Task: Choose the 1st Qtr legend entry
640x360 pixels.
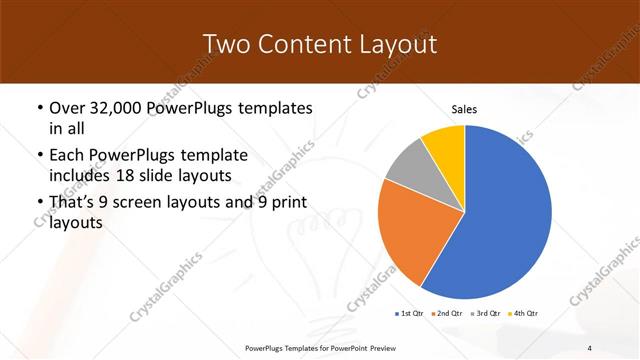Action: pyautogui.click(x=409, y=314)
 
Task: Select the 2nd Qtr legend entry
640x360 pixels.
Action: pyautogui.click(x=446, y=314)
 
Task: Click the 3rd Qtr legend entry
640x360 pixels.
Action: pyautogui.click(x=484, y=314)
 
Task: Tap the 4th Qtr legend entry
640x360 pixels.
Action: pyautogui.click(x=522, y=314)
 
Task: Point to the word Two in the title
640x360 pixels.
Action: pyautogui.click(x=224, y=44)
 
